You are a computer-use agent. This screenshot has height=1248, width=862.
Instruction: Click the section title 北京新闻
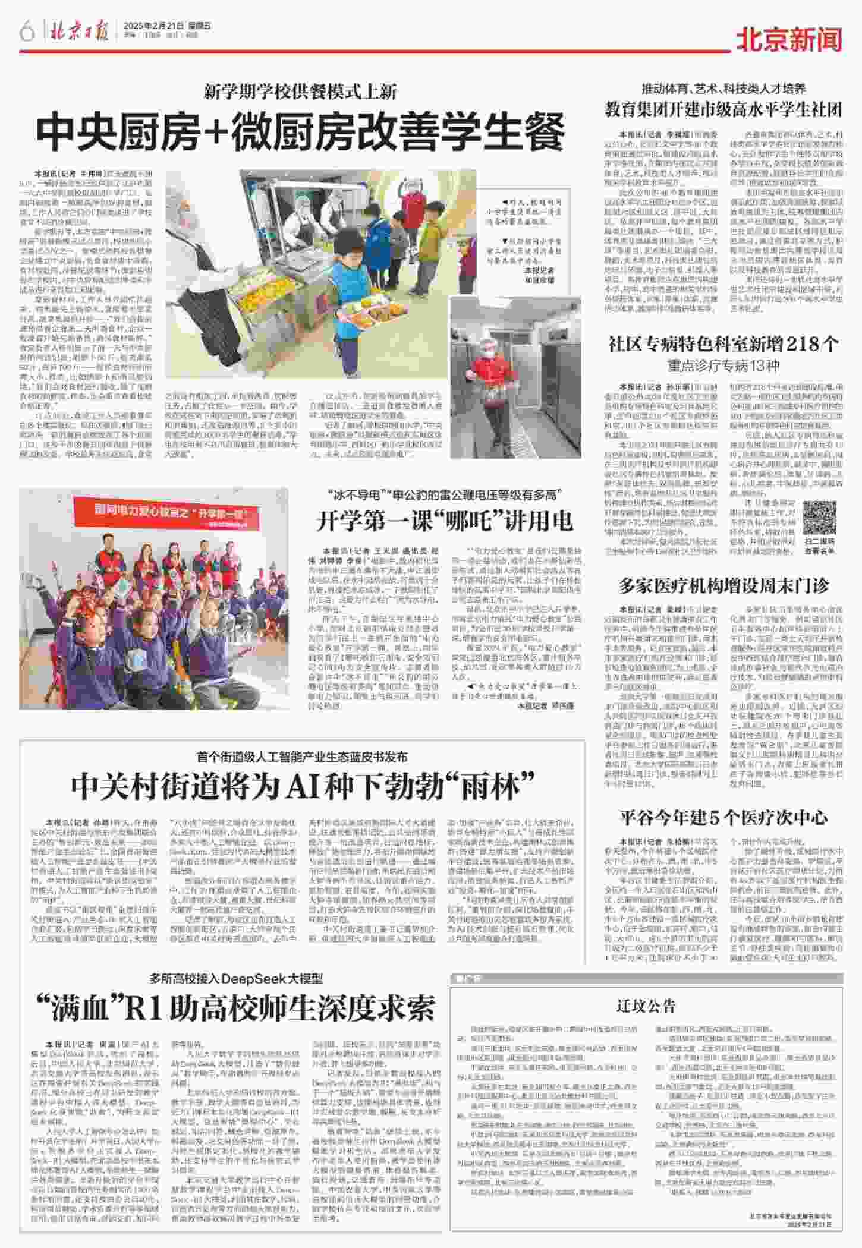[x=789, y=40]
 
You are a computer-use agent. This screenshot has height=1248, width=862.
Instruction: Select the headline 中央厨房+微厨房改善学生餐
[x=300, y=132]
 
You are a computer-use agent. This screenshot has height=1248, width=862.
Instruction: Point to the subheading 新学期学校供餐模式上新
[x=300, y=92]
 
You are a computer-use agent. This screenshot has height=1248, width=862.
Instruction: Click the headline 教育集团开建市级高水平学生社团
[x=723, y=109]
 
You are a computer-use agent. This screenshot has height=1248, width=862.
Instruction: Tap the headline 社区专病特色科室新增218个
[x=723, y=343]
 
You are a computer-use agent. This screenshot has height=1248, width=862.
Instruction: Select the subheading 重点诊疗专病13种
[x=723, y=365]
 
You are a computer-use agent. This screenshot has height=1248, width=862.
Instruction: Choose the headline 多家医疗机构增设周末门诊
[x=723, y=586]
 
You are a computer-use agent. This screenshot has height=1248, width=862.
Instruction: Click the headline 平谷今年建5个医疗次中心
[x=723, y=817]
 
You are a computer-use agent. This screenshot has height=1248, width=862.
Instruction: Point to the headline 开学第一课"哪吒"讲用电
[x=445, y=521]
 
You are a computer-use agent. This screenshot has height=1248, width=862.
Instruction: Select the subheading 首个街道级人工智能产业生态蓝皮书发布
[x=303, y=757]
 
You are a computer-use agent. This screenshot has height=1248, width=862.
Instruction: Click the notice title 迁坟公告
[x=646, y=1005]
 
